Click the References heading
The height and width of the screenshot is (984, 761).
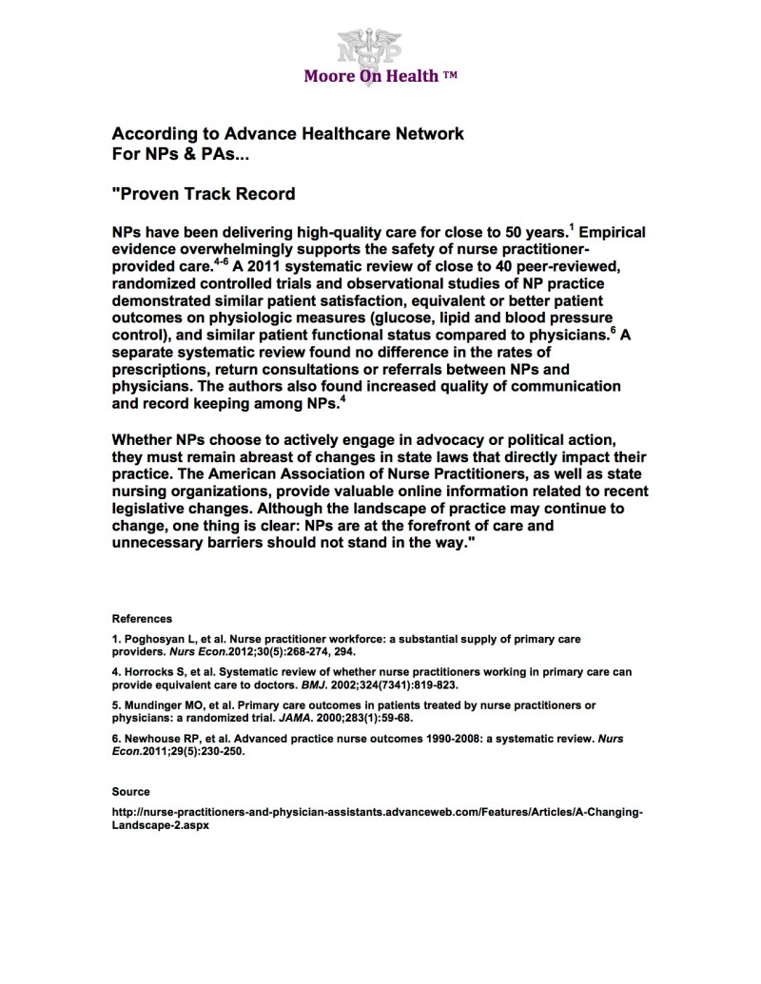142,618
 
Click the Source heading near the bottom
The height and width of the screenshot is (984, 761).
130,791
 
